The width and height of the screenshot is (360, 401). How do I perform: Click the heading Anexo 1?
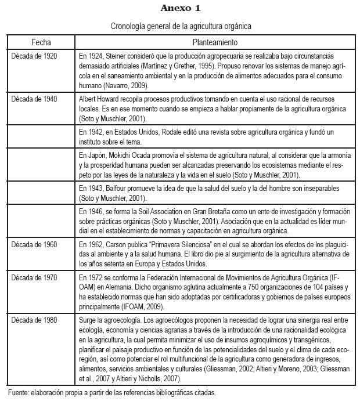[181, 9]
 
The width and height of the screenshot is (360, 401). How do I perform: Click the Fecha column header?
[42, 43]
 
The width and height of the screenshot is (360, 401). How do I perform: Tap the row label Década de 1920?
[34, 57]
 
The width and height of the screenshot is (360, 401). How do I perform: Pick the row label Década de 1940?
[34, 99]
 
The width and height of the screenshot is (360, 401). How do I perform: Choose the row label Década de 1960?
[34, 244]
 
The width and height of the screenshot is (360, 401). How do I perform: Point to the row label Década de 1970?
[34, 278]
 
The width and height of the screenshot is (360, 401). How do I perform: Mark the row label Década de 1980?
[34, 320]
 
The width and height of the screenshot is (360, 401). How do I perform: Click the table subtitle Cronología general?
[181, 26]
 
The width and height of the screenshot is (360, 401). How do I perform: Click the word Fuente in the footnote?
[19, 392]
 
